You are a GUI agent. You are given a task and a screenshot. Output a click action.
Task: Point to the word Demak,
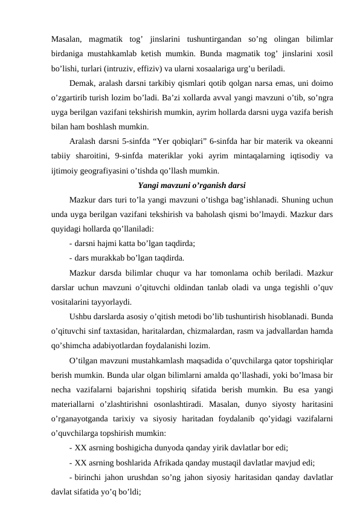83,81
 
